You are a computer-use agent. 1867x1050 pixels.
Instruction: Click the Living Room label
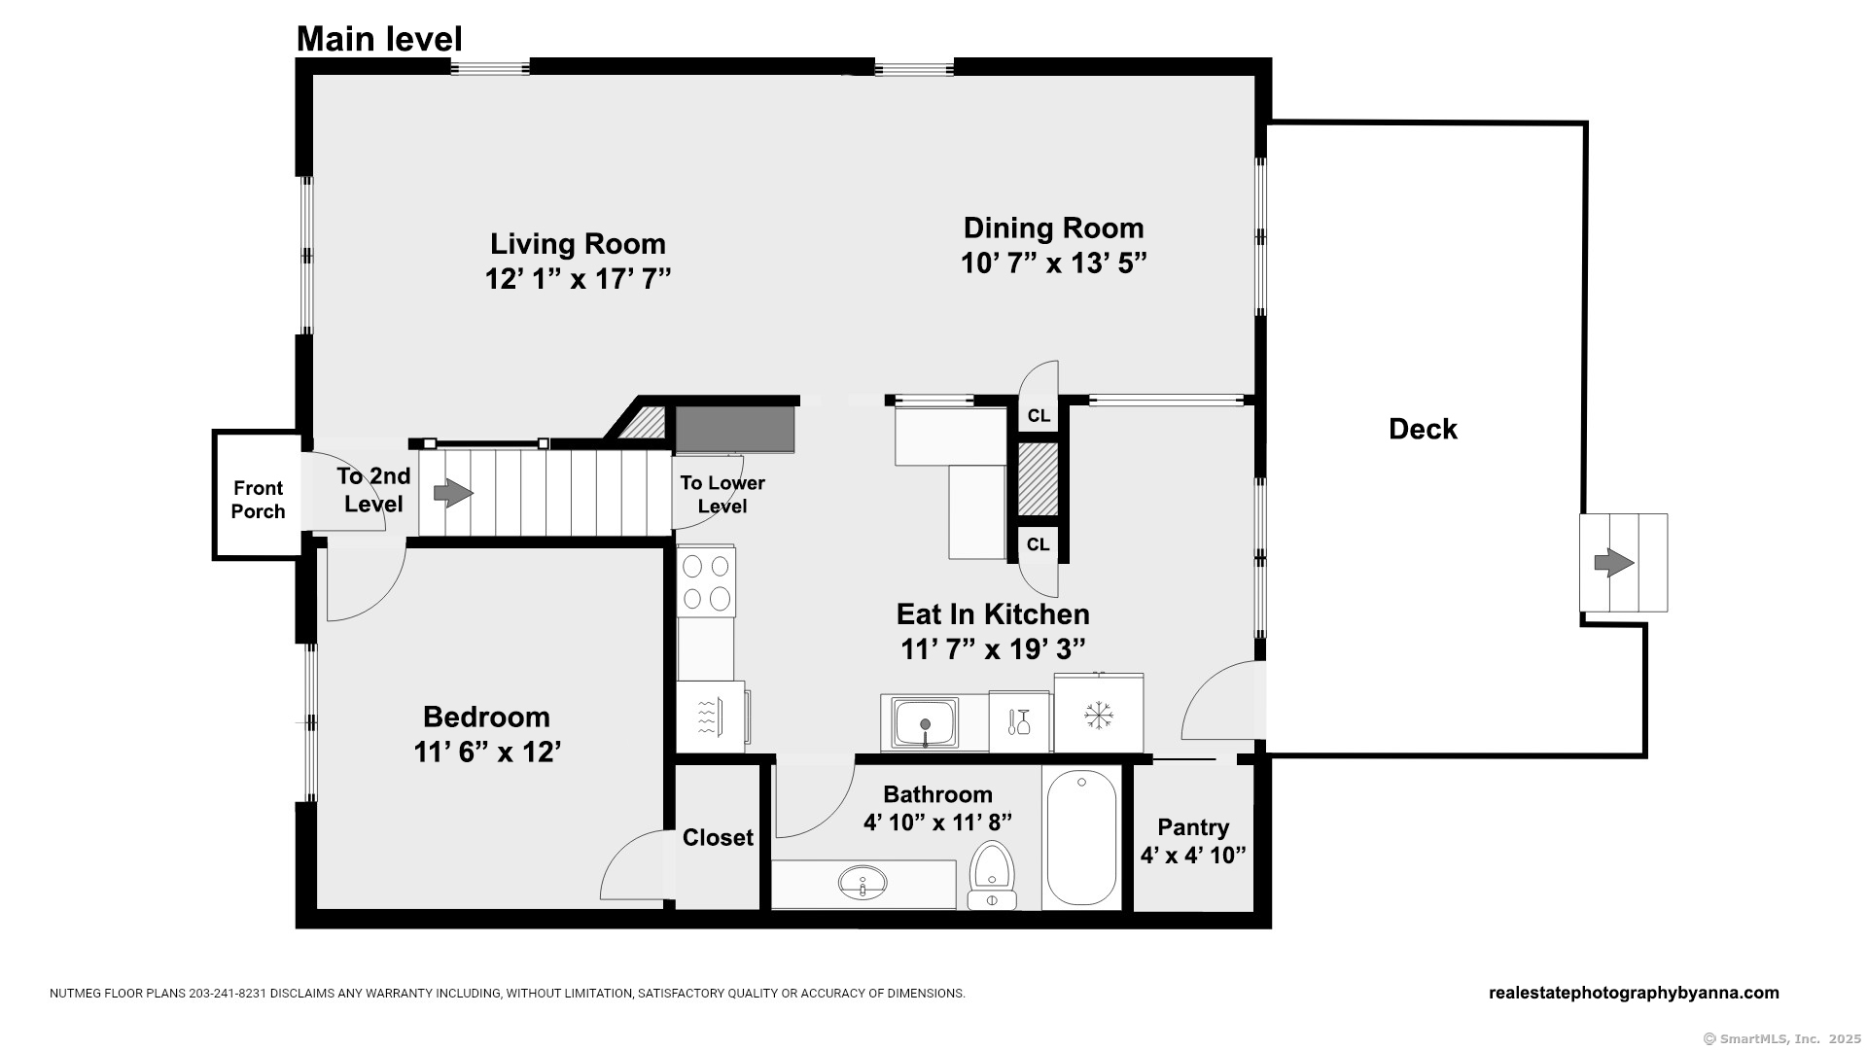[x=578, y=244]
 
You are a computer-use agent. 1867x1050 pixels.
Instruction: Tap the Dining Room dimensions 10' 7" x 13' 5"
[x=1054, y=263]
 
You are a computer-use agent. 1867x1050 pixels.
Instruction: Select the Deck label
[x=1423, y=429]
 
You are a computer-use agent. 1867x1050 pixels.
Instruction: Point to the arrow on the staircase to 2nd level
[x=453, y=493]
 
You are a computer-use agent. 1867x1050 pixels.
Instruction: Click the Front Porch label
[x=258, y=500]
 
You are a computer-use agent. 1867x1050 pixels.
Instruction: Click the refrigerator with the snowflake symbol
[x=1099, y=714]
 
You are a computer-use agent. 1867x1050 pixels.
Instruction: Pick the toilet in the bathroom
[x=992, y=876]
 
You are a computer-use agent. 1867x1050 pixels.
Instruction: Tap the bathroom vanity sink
[x=863, y=883]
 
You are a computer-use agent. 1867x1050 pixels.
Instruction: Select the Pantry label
[x=1193, y=827]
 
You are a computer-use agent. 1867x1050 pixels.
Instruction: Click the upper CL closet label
[x=1039, y=416]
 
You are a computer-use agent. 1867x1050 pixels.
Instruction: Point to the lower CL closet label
[x=1039, y=544]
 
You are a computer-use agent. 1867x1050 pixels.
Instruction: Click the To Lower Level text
[x=722, y=494]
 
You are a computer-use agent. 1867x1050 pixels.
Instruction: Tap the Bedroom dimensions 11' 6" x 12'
[x=487, y=752]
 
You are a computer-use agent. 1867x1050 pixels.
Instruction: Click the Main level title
[x=379, y=39]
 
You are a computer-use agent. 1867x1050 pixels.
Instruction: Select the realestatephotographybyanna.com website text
[x=1634, y=993]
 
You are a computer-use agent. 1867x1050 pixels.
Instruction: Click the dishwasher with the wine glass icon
[x=1020, y=721]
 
